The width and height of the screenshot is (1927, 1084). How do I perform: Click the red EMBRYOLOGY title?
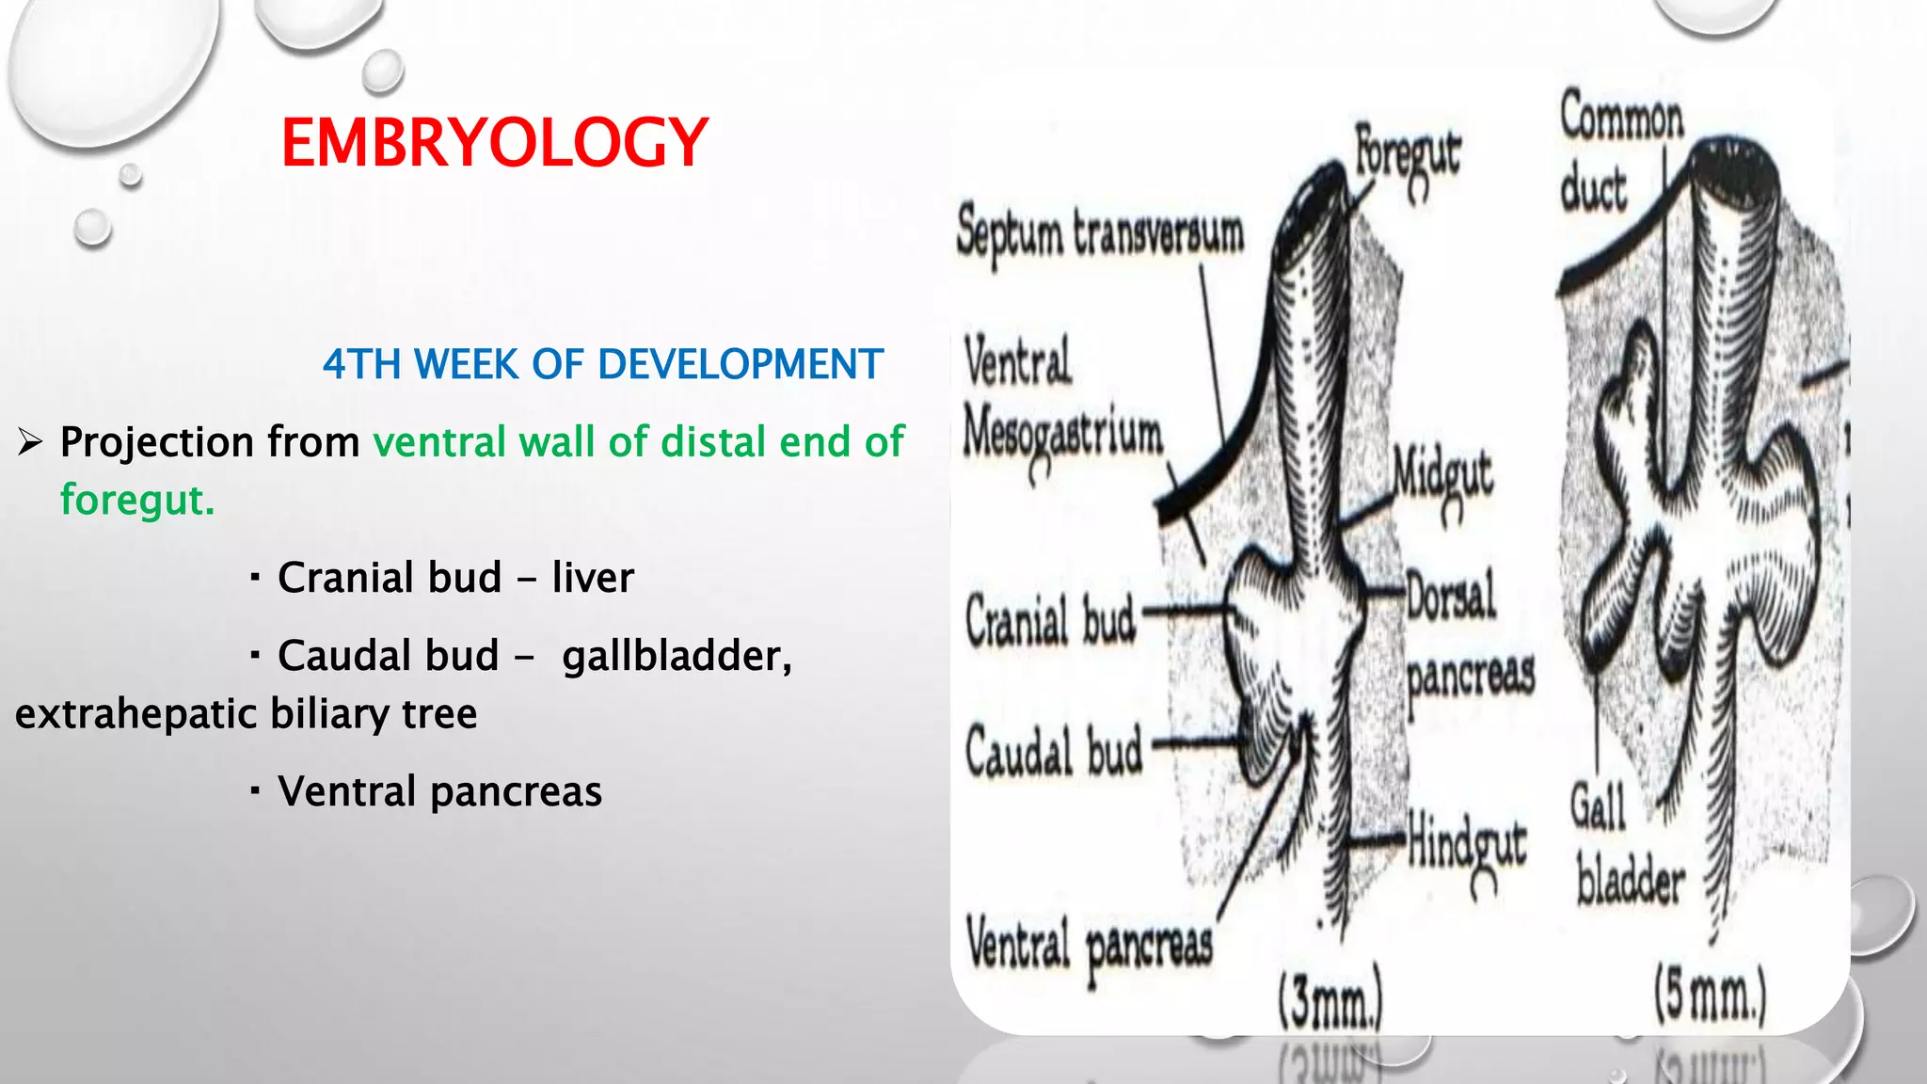tap(494, 143)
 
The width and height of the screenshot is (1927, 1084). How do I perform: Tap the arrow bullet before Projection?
tap(30, 441)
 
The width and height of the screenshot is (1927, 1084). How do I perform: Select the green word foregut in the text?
tap(136, 500)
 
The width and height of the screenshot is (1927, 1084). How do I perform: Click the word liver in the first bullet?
tap(593, 577)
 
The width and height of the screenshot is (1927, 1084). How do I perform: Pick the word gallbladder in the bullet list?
tap(677, 655)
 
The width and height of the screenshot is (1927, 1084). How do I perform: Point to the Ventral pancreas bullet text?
tap(439, 790)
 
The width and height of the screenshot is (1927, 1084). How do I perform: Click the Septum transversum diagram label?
tap(1099, 232)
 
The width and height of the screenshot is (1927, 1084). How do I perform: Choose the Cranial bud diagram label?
tap(1050, 621)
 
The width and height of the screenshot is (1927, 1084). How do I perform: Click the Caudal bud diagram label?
tap(1054, 753)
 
